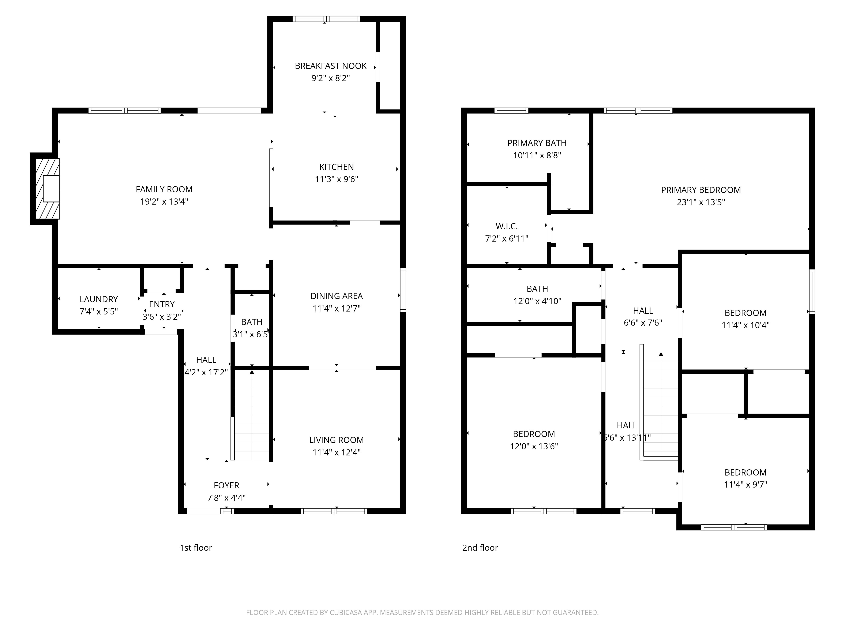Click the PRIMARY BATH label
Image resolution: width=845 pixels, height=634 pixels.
coord(537,143)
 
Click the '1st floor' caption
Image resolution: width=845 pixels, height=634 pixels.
coord(196,548)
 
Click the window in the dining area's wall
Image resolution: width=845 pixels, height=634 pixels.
coord(403,290)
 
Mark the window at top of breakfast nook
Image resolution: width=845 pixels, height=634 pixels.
coord(326,19)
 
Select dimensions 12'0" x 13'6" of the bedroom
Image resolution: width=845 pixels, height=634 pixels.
coord(534,446)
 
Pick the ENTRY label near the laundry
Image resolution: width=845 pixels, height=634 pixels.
coord(162,304)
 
